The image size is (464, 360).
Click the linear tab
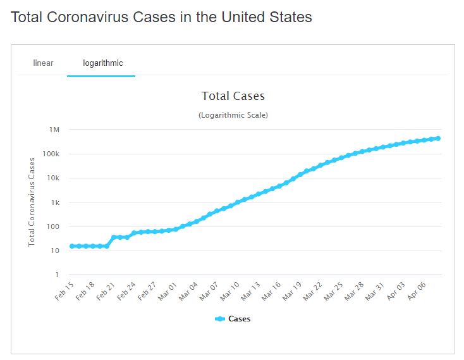coord(43,63)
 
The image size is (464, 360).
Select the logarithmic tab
coord(102,63)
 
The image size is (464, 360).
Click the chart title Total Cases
coord(233,96)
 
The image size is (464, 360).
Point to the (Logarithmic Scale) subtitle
coord(233,115)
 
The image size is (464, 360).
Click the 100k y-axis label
coord(51,154)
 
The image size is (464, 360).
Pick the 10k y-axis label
coord(52,178)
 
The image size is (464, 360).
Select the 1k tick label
coord(54,202)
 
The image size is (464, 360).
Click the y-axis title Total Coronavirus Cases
coord(32,201)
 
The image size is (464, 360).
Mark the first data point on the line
coord(72,246)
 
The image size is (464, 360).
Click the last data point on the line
coord(437,139)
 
